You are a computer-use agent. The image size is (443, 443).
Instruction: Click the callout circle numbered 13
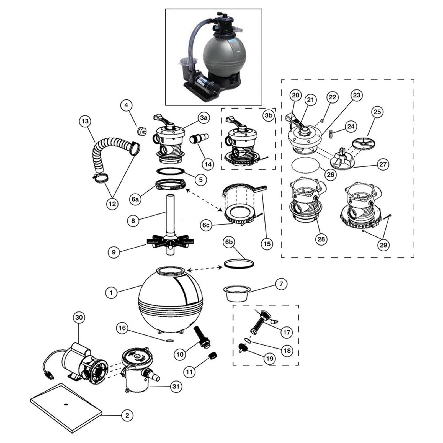point(85,121)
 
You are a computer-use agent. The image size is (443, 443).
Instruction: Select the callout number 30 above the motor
point(79,317)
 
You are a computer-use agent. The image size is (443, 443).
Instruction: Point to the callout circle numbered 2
point(127,415)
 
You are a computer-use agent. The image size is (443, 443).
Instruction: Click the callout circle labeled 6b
point(229,242)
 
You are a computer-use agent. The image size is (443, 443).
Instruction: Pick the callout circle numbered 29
point(383,245)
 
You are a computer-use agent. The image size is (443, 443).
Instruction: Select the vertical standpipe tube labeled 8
point(170,213)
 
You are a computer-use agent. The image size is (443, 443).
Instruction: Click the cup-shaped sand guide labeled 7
point(237,294)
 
